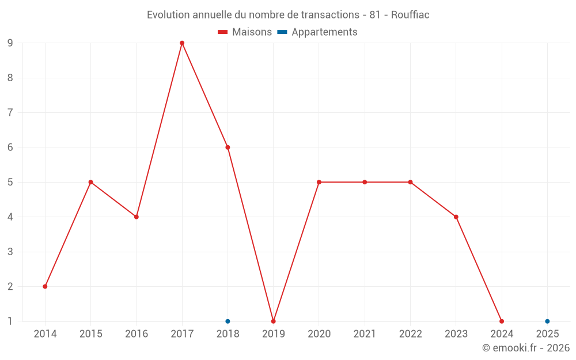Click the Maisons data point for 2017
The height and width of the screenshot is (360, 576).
182,43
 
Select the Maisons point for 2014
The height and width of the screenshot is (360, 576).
45,286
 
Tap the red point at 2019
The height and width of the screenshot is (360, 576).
273,321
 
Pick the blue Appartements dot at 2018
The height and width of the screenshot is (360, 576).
228,321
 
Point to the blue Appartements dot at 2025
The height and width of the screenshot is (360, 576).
547,321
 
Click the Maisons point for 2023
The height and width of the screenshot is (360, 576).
456,217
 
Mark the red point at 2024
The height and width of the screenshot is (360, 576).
502,321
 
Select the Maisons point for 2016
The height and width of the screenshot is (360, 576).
137,217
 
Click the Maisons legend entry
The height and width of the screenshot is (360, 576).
245,32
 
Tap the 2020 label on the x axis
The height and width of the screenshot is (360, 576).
319,334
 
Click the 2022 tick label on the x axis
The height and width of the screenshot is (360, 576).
410,334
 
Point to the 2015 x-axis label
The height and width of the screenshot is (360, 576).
90,334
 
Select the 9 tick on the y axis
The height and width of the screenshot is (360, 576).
10,43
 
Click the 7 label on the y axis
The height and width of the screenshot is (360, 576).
10,112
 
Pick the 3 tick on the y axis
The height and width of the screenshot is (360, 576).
10,252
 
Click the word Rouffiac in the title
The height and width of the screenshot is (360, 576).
410,15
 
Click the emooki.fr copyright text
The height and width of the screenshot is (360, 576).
526,348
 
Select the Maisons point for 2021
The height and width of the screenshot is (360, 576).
365,182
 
